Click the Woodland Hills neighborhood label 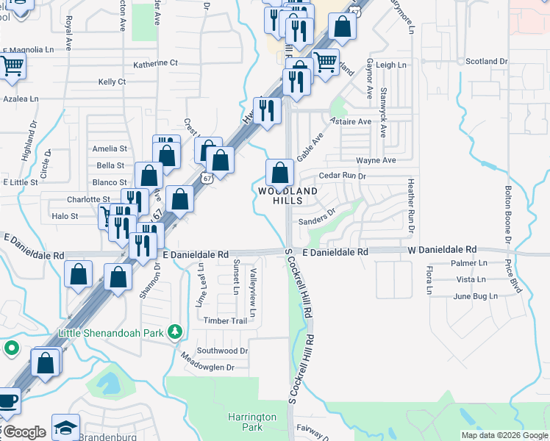tap(287, 196)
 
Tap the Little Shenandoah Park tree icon tap(175, 332)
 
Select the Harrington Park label tap(251, 422)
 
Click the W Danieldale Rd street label tap(442, 250)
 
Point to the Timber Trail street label tap(225, 321)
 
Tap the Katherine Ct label tap(155, 63)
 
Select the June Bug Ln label tap(476, 296)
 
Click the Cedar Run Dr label tap(343, 176)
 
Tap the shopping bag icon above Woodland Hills tap(279, 173)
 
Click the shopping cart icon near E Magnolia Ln tap(12, 65)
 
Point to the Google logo tap(24, 432)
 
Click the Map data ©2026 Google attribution tap(504, 435)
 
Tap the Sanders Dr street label tap(317, 220)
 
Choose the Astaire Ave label tap(351, 121)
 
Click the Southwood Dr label tap(223, 351)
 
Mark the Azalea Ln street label tap(21, 98)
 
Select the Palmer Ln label tap(471, 262)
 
